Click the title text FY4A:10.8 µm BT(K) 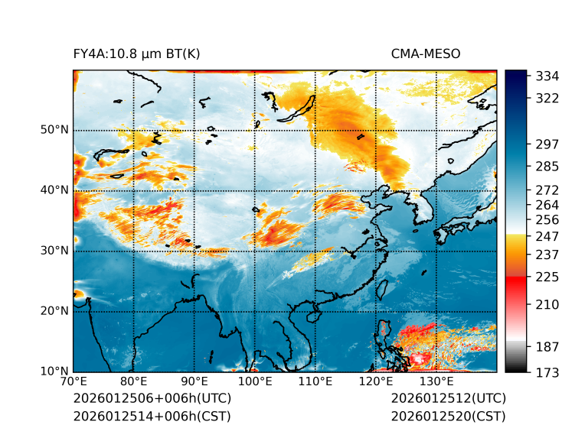(x=136, y=54)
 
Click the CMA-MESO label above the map (x=425, y=54)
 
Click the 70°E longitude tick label (x=74, y=381)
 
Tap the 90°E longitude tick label (x=194, y=381)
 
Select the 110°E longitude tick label (x=315, y=381)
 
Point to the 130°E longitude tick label (x=436, y=381)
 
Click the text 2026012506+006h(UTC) (x=152, y=399)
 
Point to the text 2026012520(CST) (x=448, y=416)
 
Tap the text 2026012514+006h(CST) (x=152, y=416)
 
